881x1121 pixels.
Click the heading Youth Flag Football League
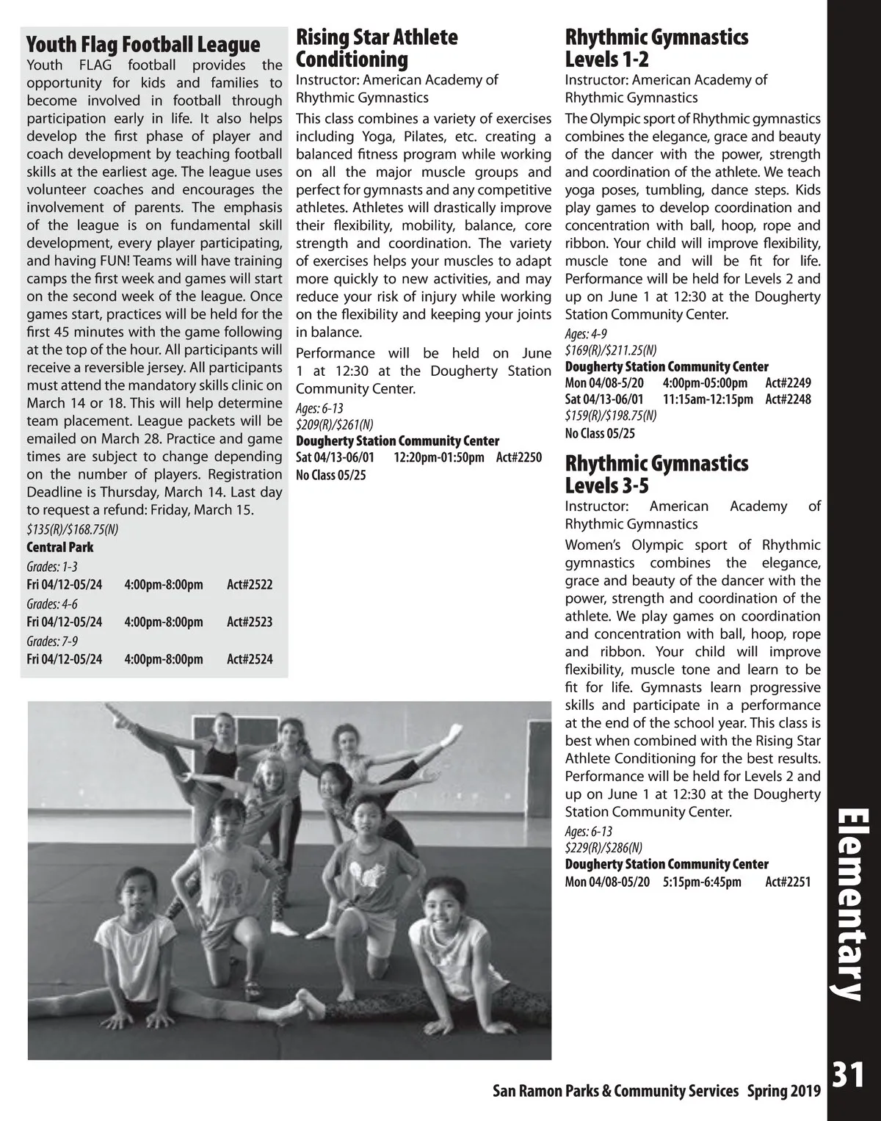[x=143, y=45]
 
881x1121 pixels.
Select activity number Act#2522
[x=250, y=584]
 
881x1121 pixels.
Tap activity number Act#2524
[x=250, y=659]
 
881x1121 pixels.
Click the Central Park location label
[x=60, y=547]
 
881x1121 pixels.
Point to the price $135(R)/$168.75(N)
[x=73, y=529]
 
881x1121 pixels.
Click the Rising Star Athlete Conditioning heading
[x=377, y=48]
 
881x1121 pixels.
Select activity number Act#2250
[x=519, y=457]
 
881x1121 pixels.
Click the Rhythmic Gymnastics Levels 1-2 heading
[x=656, y=48]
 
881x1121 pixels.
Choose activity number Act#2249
[x=788, y=382]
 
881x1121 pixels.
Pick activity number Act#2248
[x=788, y=399]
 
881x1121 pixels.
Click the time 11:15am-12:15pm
[x=708, y=399]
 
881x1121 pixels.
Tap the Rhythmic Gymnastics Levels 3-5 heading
[x=656, y=475]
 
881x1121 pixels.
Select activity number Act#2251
[x=788, y=882]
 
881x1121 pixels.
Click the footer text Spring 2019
[x=784, y=1091]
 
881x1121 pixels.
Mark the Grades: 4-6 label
[x=52, y=604]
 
